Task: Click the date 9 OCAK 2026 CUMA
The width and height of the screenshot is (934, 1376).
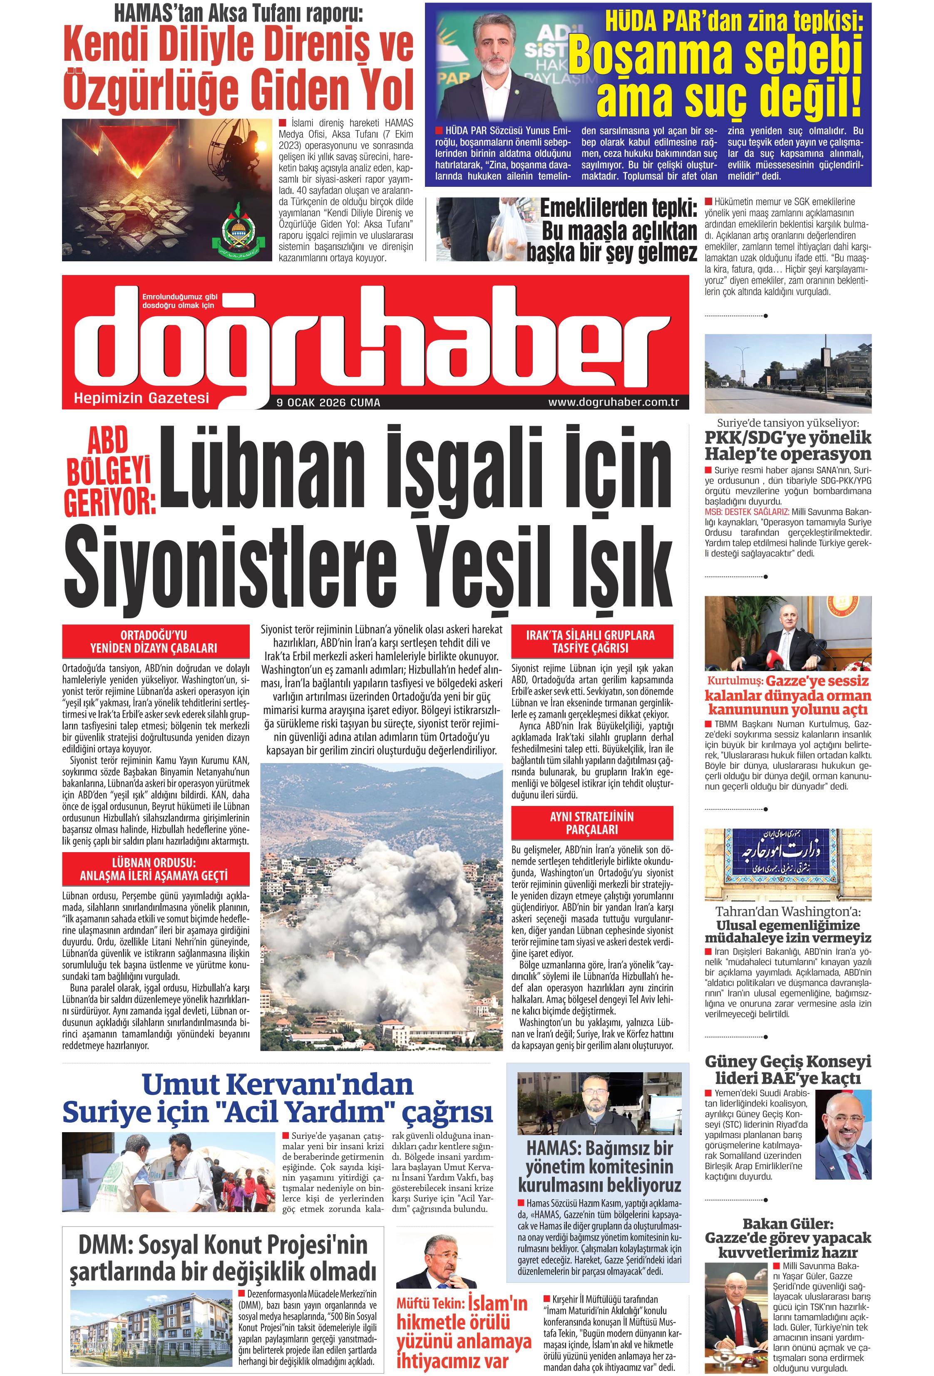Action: pos(328,403)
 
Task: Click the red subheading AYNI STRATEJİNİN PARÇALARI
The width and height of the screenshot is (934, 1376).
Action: pos(591,823)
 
